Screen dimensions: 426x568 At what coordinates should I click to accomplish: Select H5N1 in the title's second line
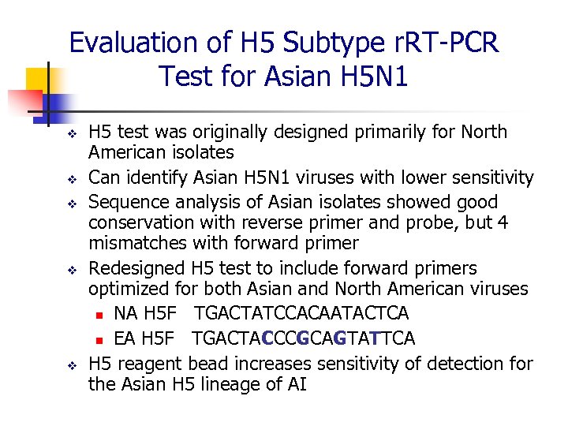coord(371,77)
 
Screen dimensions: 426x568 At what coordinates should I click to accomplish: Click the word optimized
coord(127,290)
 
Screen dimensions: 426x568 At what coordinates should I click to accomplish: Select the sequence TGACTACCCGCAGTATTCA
coord(303,338)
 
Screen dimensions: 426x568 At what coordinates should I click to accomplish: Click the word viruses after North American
coord(497,290)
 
